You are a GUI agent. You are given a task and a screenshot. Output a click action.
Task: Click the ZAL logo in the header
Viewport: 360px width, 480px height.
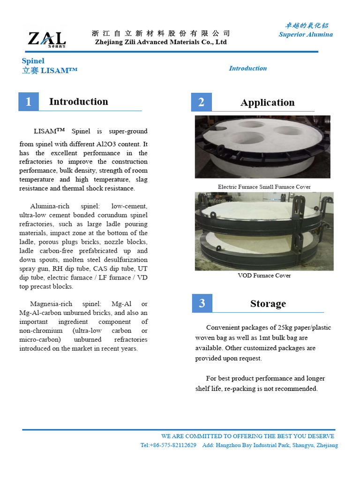(46, 38)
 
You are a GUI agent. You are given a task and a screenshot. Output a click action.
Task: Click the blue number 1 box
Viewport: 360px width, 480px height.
(29, 102)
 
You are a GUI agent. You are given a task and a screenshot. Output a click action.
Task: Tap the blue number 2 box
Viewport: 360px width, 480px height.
(202, 102)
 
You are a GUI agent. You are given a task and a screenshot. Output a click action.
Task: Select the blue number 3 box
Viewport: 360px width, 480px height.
(202, 303)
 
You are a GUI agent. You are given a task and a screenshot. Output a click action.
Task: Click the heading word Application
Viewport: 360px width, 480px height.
(267, 103)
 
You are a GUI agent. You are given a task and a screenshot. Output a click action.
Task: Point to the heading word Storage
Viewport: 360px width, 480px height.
(268, 304)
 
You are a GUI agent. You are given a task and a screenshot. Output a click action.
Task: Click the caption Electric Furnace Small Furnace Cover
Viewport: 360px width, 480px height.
(264, 187)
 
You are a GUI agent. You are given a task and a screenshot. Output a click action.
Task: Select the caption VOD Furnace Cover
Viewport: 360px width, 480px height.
(264, 275)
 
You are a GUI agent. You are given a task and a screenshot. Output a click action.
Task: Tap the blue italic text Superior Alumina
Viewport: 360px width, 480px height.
(306, 34)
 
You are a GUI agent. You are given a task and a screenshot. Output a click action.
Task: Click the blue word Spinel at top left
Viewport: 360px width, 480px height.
(33, 61)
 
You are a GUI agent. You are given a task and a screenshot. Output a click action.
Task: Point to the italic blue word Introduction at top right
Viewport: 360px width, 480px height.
(247, 68)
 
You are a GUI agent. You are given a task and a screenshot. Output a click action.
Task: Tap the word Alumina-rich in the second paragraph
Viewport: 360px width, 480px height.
(49, 206)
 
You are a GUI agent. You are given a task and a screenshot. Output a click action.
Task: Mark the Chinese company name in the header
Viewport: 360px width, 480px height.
(161, 33)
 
